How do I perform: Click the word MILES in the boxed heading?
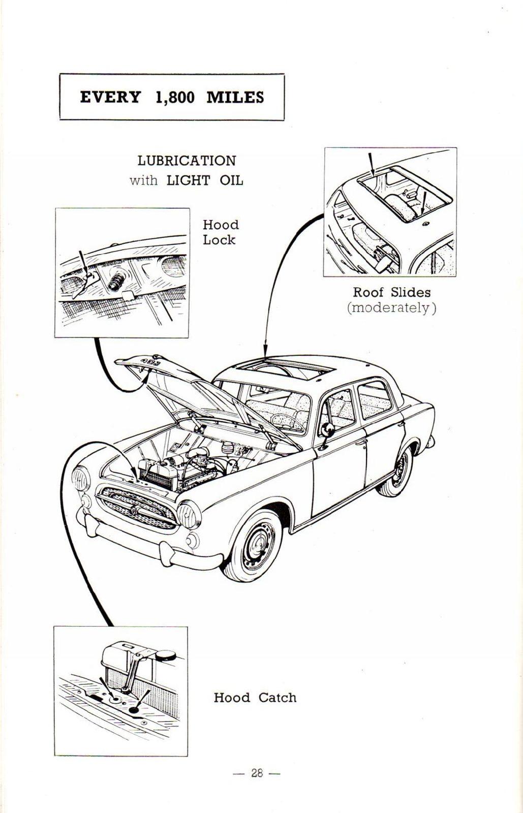coord(235,97)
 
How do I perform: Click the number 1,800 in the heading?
coord(174,97)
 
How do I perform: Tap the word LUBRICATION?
coord(187,161)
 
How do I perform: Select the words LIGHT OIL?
coord(205,180)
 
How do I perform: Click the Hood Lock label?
coord(220,232)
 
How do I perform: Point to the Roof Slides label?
coord(391,292)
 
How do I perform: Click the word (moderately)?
coord(391,308)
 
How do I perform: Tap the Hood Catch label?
coord(255,698)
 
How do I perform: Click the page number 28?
coord(257,773)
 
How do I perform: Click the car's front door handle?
coord(361,443)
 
